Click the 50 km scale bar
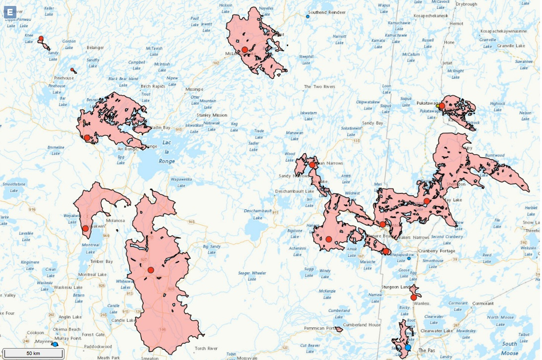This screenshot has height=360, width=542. tap(33, 353)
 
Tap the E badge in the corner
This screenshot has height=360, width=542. tap(10, 12)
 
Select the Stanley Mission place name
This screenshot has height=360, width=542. tap(212, 115)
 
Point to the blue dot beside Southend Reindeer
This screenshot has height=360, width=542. tap(307, 16)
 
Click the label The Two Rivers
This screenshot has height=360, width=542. tap(319, 87)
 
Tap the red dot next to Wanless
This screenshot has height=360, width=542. tap(414, 298)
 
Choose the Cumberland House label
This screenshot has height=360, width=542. tap(361, 325)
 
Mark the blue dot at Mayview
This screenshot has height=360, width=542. tap(55, 344)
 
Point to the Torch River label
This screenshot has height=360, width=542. tap(206, 349)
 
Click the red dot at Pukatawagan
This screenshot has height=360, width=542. tap(441, 106)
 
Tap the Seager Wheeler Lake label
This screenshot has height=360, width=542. tap(252, 276)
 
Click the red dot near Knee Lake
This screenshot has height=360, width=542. tap(41, 38)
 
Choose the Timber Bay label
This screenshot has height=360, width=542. tap(101, 261)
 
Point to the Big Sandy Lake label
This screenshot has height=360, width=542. tap(212, 249)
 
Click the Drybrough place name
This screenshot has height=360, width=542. tap(466, 4)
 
